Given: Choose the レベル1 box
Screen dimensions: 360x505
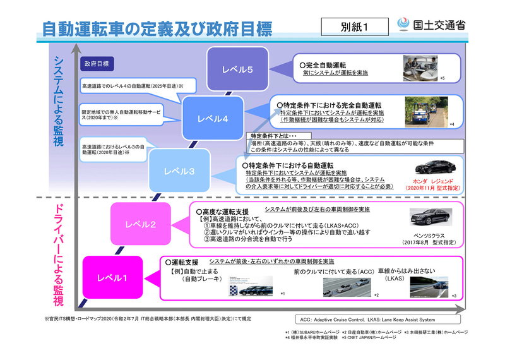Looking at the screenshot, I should pos(112,277).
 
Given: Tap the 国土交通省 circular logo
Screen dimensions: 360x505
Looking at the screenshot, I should pos(404,25).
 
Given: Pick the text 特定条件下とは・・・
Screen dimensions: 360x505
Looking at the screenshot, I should pos(273,136).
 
